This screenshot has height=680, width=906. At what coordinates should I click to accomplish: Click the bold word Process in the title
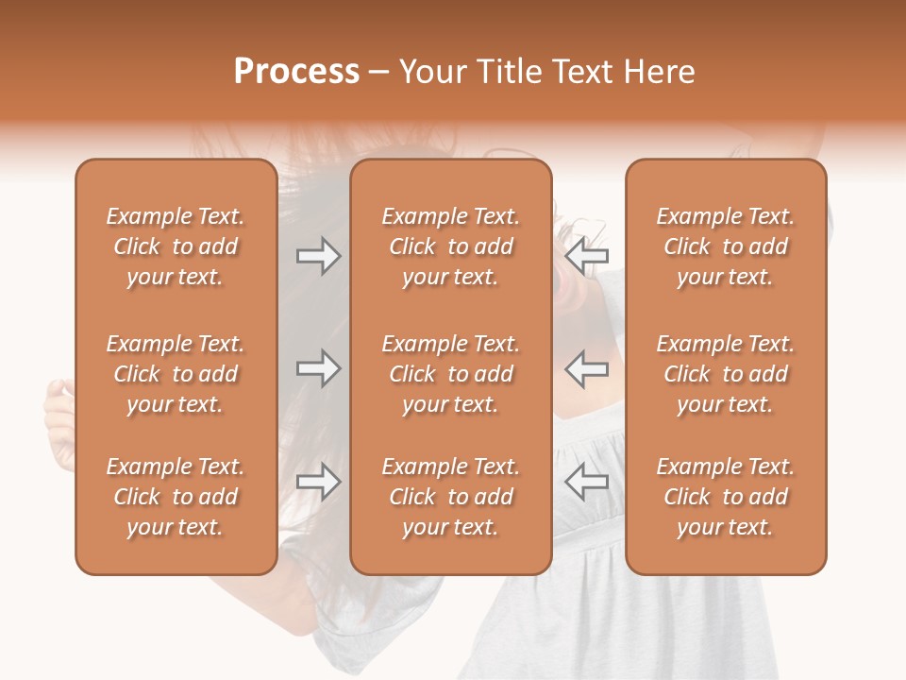(x=296, y=72)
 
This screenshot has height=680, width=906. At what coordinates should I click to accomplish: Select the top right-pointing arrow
(x=318, y=256)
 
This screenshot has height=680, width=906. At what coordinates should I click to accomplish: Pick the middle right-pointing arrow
(x=318, y=368)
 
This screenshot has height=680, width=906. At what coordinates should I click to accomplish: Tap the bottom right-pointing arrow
(x=318, y=482)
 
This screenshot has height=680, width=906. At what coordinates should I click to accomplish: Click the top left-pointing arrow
(x=586, y=256)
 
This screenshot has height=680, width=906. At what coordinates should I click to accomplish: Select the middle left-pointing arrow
(x=586, y=368)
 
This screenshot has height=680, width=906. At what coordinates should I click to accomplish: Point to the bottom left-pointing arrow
(x=586, y=482)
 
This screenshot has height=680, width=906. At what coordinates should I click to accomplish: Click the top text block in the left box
(x=176, y=246)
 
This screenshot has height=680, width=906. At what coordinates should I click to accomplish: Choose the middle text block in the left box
(x=176, y=374)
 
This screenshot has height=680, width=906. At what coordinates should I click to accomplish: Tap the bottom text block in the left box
(x=176, y=497)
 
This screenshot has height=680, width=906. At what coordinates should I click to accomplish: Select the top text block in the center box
(x=450, y=246)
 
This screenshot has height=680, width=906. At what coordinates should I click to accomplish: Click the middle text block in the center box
(x=450, y=374)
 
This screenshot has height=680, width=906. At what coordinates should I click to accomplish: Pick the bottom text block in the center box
(x=450, y=497)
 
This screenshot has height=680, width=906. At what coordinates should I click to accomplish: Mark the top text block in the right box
(x=725, y=246)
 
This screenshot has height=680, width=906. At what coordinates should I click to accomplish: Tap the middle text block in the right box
(x=725, y=374)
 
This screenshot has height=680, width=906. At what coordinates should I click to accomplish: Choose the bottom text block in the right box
(x=725, y=497)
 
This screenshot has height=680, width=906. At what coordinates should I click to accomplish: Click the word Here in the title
(x=662, y=72)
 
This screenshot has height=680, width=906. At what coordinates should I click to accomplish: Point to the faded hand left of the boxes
(x=59, y=416)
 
